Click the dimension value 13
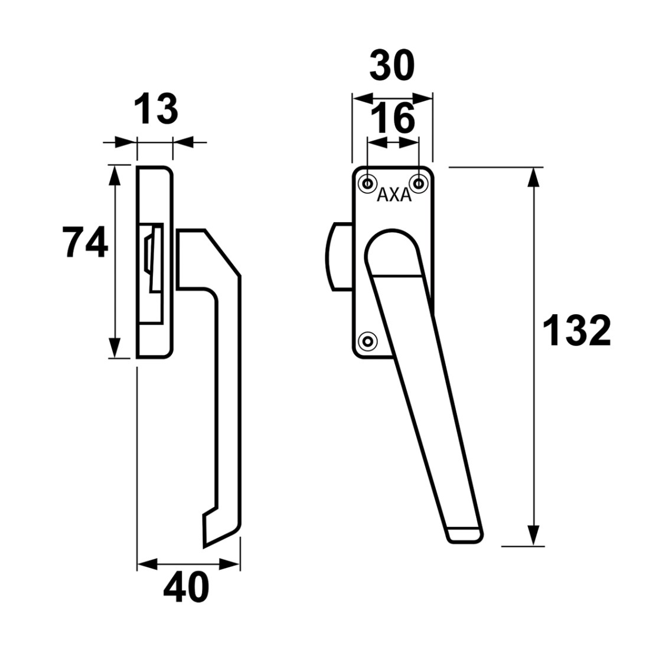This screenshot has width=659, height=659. tap(156, 109)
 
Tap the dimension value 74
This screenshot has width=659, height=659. tap(85, 242)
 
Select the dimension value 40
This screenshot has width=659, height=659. tap(186, 587)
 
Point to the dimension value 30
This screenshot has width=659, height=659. tap(392, 65)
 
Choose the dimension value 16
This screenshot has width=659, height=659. tap(393, 118)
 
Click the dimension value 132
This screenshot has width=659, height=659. tap(576, 331)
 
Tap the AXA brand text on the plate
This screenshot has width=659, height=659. tap(394, 195)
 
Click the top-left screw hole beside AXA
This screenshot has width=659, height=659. tap(368, 184)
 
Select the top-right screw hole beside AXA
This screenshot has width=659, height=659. tap(419, 184)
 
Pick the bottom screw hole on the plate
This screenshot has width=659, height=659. tap(368, 341)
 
